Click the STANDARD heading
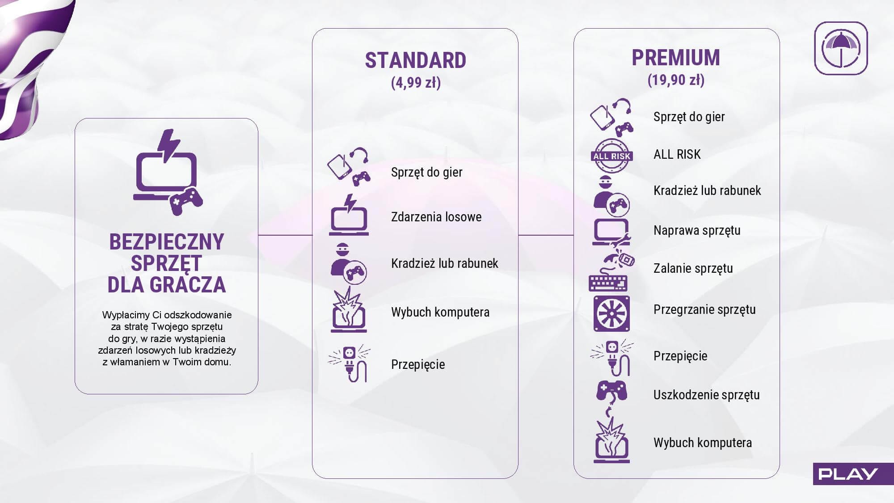tap(416, 60)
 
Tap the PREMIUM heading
tap(676, 58)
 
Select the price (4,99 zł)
tap(416, 83)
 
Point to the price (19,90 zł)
tap(676, 80)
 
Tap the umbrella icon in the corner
tap(841, 48)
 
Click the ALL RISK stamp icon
tap(611, 156)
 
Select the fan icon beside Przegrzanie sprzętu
tap(611, 313)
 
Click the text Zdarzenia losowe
tap(436, 217)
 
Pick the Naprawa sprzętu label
tap(697, 231)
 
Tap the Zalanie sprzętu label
tap(693, 268)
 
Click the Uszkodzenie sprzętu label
tap(707, 395)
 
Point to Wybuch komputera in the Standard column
tap(440, 312)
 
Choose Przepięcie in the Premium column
tap(680, 356)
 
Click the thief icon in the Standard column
tap(348, 263)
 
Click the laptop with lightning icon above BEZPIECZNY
tap(168, 172)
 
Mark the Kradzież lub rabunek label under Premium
tap(707, 191)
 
